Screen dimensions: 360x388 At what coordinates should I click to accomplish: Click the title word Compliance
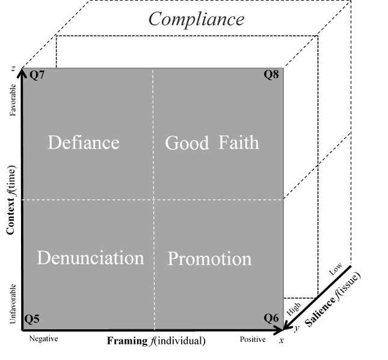(x=196, y=19)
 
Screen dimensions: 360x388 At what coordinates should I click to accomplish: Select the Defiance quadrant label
(x=83, y=143)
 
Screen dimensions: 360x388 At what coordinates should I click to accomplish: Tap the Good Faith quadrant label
(x=212, y=143)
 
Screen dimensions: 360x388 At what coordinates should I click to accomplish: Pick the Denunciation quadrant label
(x=90, y=258)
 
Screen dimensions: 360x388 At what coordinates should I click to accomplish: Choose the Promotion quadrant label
(x=209, y=259)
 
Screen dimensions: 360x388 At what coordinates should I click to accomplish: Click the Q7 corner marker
(x=37, y=76)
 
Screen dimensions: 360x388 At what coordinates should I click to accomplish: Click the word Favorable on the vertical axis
(x=13, y=102)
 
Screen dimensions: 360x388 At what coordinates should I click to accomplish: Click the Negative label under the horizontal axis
(x=43, y=339)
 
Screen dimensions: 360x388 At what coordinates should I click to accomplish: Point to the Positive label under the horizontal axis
(x=252, y=340)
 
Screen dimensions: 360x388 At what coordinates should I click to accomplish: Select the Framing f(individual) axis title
(x=156, y=341)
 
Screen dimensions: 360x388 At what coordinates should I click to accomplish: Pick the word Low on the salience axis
(x=336, y=270)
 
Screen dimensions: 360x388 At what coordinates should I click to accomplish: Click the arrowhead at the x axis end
(x=279, y=330)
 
